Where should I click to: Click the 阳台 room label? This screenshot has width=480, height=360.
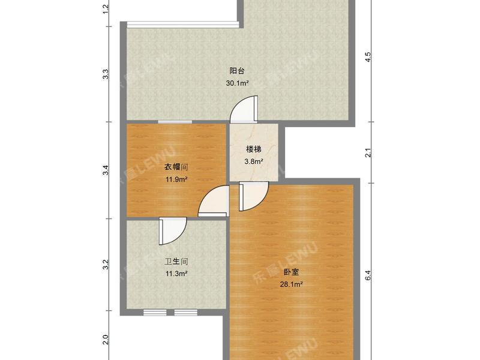[x=237, y=71]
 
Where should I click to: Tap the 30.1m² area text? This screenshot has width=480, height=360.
[x=237, y=83]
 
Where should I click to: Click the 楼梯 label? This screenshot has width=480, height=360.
[x=254, y=149]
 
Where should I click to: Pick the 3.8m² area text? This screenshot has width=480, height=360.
[x=254, y=161]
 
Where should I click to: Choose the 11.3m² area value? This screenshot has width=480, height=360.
[x=177, y=274]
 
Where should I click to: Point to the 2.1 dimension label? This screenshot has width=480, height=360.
[x=369, y=153]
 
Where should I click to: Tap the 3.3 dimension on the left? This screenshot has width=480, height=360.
[x=106, y=75]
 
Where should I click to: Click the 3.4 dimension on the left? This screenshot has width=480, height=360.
[x=106, y=170]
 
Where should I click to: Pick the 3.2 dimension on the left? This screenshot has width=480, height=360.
[x=106, y=264]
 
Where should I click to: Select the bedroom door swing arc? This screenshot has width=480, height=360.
[x=253, y=199]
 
